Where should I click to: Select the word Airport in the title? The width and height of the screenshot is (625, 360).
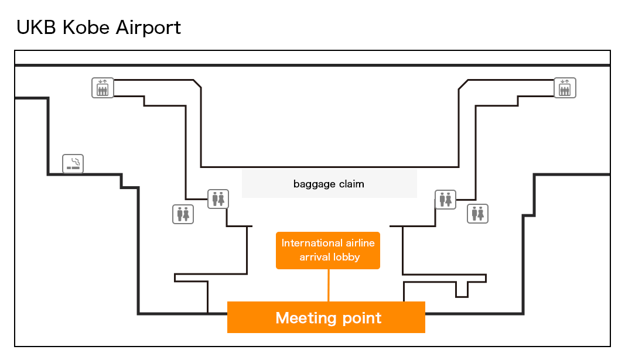149,28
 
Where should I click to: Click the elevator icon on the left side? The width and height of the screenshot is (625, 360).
103,88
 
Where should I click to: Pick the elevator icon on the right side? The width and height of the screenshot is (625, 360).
565,88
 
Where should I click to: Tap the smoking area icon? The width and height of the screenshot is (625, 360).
73,164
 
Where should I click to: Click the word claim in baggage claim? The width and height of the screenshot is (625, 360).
350,184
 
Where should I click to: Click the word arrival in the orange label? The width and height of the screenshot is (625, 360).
313,257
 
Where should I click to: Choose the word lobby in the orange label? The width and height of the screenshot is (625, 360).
346,257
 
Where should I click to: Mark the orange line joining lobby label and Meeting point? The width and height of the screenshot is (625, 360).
328,286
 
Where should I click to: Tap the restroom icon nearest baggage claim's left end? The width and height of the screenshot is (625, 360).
218,199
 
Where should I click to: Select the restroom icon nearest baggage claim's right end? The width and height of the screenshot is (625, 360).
445,199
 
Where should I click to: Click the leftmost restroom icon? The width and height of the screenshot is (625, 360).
183,214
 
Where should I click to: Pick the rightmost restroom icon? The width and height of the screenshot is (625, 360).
477,214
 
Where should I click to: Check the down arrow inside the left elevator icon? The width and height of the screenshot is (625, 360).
101,82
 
